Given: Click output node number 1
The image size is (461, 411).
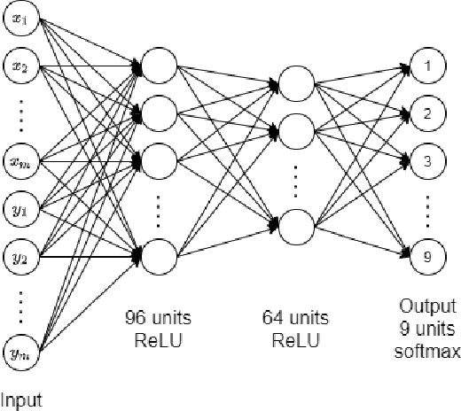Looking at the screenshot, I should pyautogui.click(x=427, y=66).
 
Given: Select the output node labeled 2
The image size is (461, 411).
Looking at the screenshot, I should pyautogui.click(x=427, y=113).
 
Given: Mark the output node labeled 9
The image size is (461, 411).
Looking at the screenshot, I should pyautogui.click(x=427, y=257).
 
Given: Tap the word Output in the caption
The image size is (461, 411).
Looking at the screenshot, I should pyautogui.click(x=427, y=306).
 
